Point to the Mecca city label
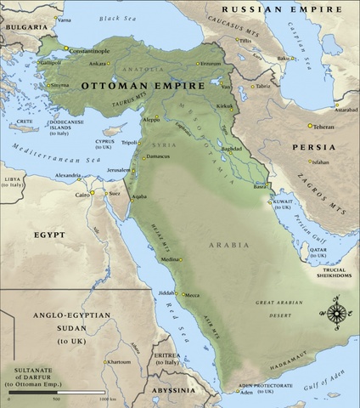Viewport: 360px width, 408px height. (x=193, y=295)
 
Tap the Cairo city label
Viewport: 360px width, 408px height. (x=82, y=195)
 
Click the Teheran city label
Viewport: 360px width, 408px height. (x=323, y=126)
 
